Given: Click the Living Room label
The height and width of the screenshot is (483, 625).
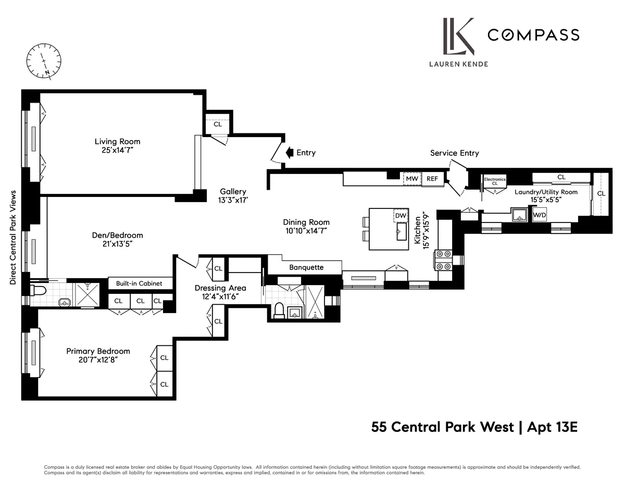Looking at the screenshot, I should (117, 141).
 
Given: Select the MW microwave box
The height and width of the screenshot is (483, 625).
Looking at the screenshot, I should (412, 179).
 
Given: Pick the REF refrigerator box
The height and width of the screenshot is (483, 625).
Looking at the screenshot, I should (432, 179).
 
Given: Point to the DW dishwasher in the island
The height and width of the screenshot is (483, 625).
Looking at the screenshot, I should (400, 215).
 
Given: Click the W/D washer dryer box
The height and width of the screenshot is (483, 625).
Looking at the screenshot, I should (540, 214).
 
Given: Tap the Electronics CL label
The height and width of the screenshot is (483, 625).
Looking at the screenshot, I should (494, 181).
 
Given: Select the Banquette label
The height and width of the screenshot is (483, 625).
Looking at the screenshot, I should (306, 267).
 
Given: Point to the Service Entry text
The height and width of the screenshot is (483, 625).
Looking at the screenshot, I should (454, 153).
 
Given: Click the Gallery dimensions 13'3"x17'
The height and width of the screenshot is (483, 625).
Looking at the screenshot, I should (232, 200).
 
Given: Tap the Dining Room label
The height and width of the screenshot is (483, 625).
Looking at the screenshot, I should (306, 222).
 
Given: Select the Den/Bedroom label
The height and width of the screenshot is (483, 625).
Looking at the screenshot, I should (117, 235).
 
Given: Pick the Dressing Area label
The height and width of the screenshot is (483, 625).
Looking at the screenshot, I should (220, 288).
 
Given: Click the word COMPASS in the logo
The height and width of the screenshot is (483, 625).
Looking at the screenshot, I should (533, 35).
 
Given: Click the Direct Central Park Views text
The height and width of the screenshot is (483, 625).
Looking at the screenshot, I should (13, 237).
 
